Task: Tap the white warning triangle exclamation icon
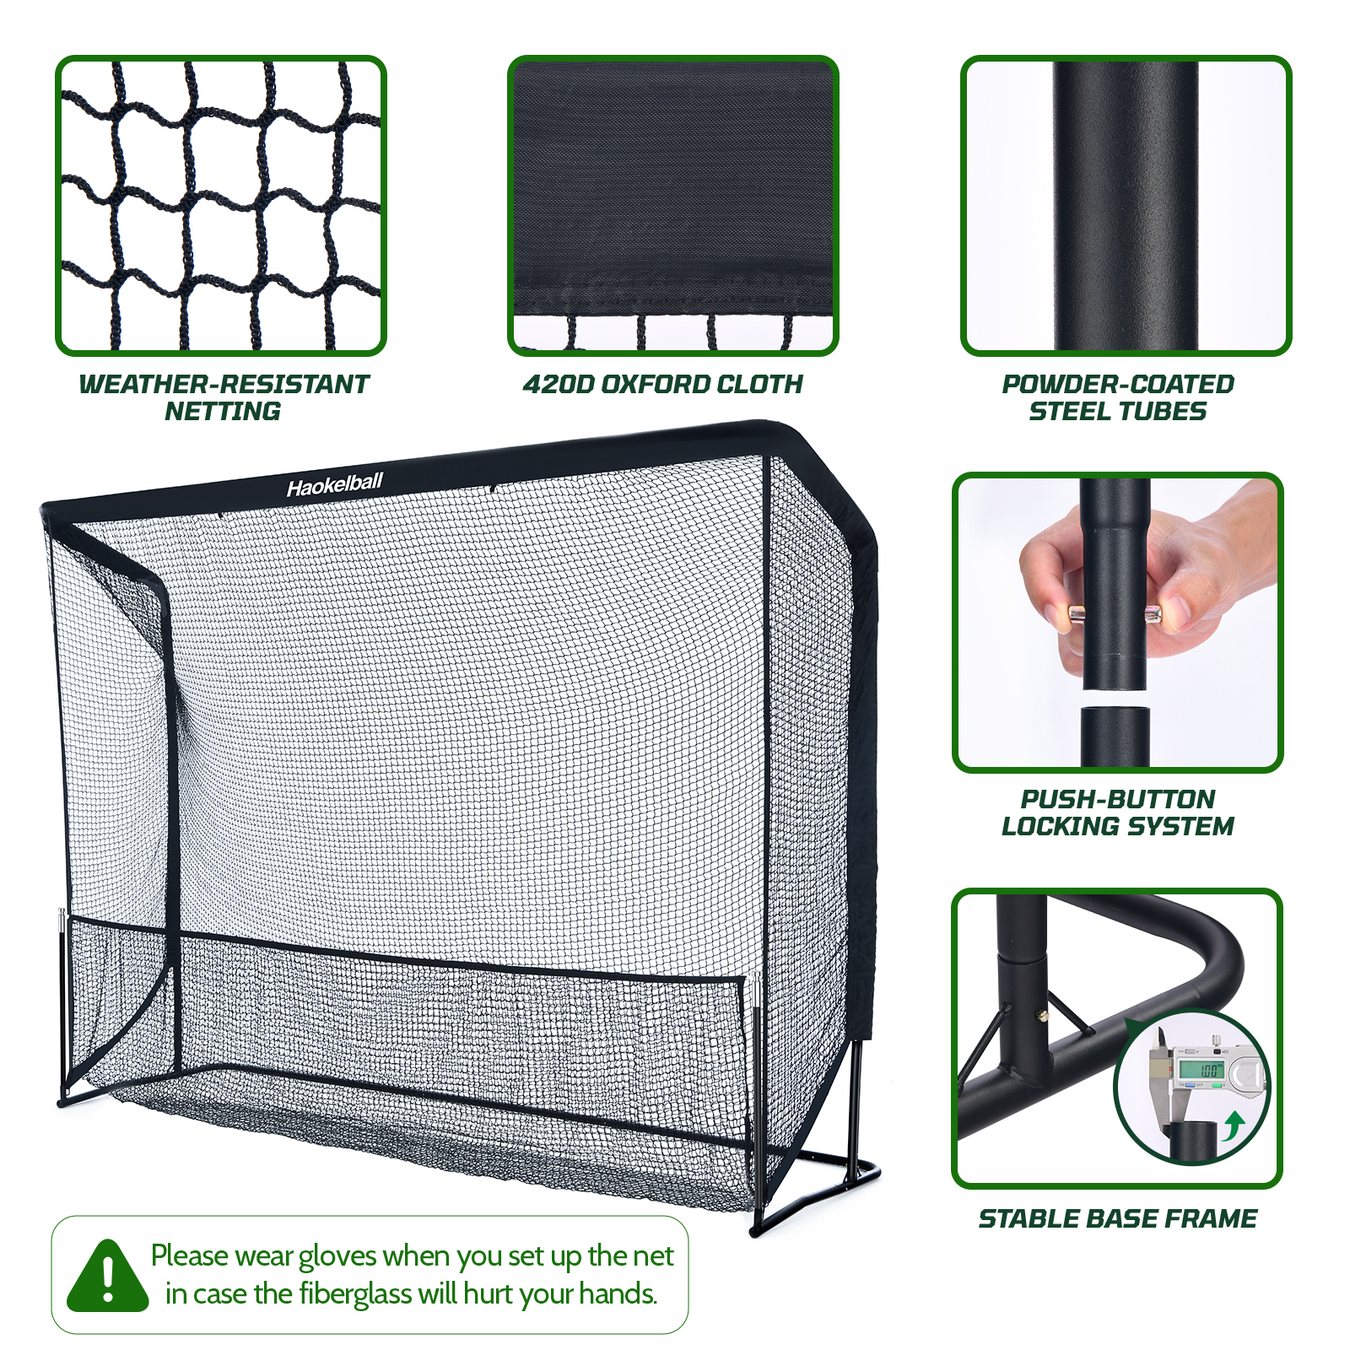pos(108,1277)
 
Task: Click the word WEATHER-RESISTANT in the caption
pos(224,385)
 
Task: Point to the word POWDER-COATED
pos(1118,385)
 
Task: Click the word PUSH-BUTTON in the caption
pos(1118,799)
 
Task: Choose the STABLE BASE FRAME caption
pos(1118,1218)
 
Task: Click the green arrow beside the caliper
pos(1234,1124)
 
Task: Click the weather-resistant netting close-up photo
pos(221,206)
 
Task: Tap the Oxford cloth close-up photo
pos(673,206)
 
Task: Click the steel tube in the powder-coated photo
pos(1125,206)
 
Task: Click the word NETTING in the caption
pos(223,412)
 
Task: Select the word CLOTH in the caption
pos(760,385)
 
